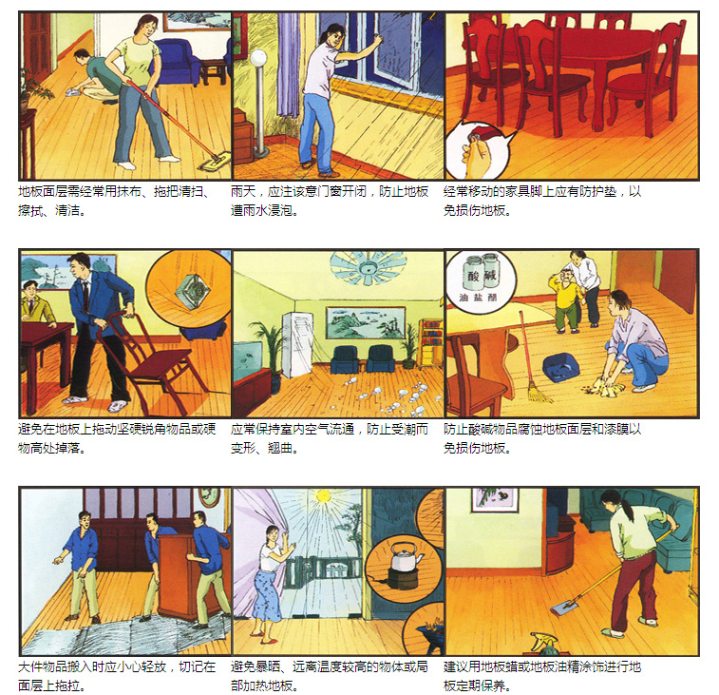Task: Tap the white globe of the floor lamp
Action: tap(258, 58)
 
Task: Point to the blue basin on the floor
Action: tap(560, 367)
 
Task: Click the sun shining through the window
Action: tap(324, 495)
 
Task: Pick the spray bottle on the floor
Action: tap(546, 644)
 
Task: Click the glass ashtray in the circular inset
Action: tap(193, 291)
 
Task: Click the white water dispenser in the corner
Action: tap(297, 344)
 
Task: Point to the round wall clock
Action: tap(209, 496)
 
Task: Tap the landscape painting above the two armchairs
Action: tap(366, 322)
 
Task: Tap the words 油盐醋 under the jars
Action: tap(478, 298)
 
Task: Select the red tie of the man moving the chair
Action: tap(85, 294)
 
